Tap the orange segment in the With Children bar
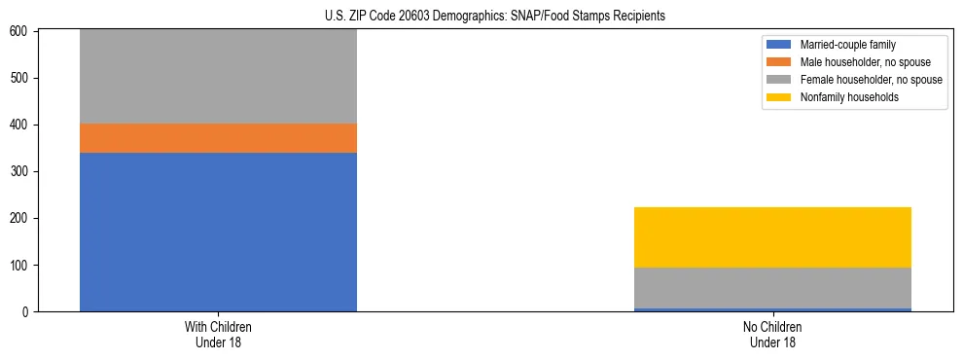click(218, 138)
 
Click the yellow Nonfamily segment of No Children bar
click(772, 237)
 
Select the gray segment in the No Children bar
click(772, 288)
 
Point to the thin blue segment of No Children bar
click(772, 309)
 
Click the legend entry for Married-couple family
click(847, 45)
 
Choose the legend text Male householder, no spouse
click(865, 62)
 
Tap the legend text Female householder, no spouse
click(871, 80)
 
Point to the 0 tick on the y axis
click(26, 312)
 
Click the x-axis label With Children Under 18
click(218, 334)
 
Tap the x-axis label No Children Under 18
click(772, 334)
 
